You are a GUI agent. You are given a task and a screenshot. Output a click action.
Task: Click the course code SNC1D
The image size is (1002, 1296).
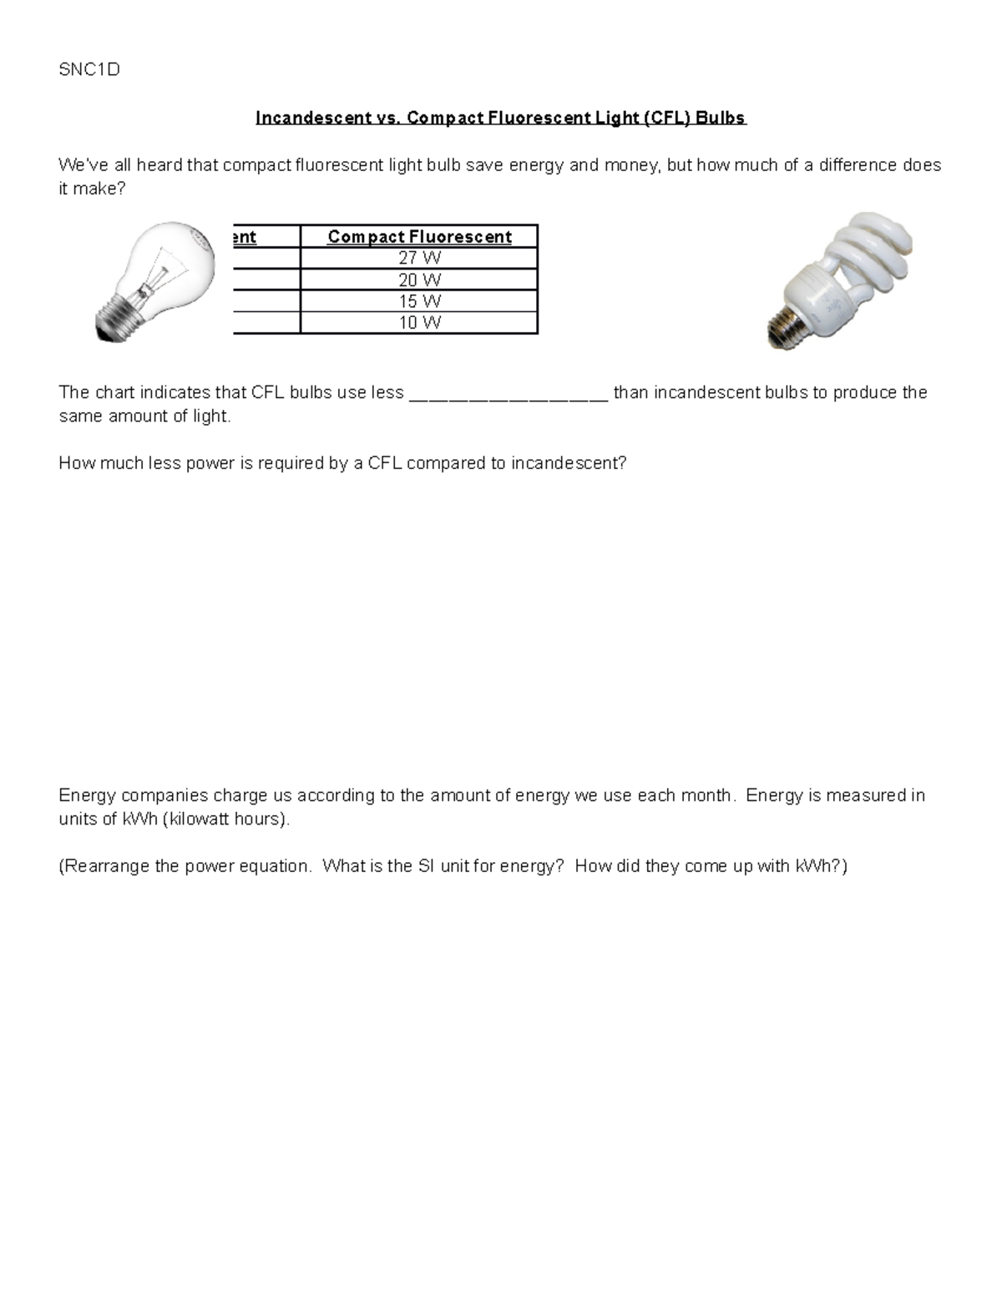pyautogui.click(x=89, y=70)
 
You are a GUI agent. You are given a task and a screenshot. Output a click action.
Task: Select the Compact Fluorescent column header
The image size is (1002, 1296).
pyautogui.click(x=419, y=237)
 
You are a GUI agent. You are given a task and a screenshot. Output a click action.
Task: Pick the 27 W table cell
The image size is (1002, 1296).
pyautogui.click(x=419, y=259)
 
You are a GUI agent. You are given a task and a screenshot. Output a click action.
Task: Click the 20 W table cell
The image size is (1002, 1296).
pyautogui.click(x=419, y=280)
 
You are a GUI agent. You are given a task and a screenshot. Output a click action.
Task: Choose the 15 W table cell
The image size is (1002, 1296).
pyautogui.click(x=419, y=301)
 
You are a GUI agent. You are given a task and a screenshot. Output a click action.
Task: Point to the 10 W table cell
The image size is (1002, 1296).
pyautogui.click(x=419, y=323)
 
